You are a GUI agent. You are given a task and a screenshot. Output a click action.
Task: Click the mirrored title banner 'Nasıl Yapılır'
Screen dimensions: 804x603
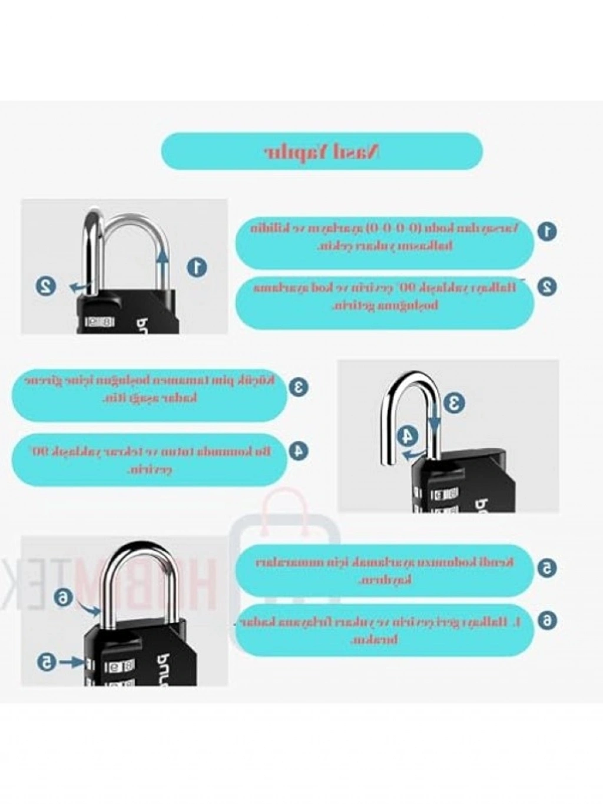pos(322,151)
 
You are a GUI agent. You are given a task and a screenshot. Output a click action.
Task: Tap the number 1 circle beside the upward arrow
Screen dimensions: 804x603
pos(197,267)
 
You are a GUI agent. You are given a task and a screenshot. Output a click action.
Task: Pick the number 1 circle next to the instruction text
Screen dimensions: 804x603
pos(548,230)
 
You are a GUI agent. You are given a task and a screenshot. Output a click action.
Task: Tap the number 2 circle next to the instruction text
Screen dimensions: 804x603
pos(547,287)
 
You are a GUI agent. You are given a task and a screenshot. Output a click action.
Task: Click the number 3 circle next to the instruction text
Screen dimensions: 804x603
pos(299,387)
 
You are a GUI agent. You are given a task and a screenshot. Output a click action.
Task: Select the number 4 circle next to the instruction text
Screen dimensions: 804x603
pos(299,451)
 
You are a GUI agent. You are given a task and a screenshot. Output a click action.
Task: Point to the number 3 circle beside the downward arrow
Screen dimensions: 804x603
pos(454,403)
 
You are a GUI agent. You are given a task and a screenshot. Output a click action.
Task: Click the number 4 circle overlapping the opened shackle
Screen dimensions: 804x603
pos(407,436)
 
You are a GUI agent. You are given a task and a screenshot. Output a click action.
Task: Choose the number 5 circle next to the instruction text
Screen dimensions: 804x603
pos(547,568)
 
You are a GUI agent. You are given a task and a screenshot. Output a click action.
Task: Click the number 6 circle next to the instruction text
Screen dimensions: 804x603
pos(547,620)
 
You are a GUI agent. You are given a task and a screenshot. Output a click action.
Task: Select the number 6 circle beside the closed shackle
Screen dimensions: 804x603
pos(62,597)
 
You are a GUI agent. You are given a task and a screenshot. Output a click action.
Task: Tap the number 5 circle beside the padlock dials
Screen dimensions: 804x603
pos(46,662)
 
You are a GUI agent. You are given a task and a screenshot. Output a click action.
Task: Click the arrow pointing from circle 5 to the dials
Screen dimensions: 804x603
pos(71,662)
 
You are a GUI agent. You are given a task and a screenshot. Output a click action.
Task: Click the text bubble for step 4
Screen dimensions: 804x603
pos(150,460)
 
